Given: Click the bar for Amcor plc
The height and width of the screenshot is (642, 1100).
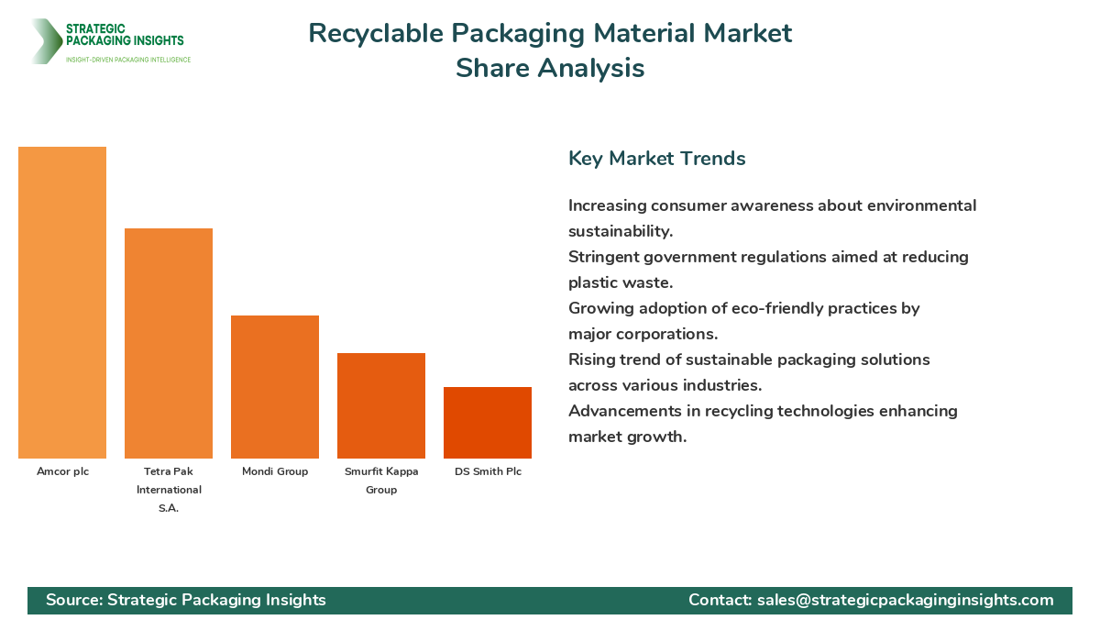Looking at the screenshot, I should [x=62, y=303].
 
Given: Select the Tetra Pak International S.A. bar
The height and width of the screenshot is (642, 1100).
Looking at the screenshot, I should [x=169, y=343].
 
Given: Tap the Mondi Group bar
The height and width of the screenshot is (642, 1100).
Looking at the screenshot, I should [x=275, y=387].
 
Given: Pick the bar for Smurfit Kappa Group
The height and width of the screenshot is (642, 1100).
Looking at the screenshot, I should [x=381, y=405].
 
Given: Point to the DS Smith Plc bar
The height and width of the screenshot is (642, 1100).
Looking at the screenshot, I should [x=488, y=423].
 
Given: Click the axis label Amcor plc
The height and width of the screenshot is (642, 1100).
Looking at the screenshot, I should [x=62, y=471].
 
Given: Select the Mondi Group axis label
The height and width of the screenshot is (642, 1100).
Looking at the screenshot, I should [x=275, y=471].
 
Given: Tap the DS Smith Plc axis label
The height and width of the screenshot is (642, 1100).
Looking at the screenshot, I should [x=488, y=471].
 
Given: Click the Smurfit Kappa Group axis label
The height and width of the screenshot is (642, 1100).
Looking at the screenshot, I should [x=381, y=481].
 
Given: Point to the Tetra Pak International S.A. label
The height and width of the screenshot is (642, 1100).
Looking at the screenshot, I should [x=169, y=490].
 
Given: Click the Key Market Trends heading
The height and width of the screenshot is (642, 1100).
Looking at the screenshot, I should [x=656, y=158].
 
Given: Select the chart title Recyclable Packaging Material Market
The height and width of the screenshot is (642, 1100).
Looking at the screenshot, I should [x=550, y=33].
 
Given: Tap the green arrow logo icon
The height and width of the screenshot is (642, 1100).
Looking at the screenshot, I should [x=44, y=41].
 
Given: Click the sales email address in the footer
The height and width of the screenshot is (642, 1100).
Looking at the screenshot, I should [x=905, y=600].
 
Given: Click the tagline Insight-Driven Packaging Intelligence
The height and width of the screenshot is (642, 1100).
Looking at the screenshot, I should [x=128, y=60].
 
